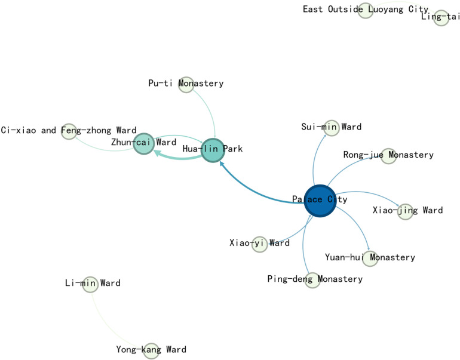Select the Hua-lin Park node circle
pos(211,149)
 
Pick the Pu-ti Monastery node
pos(186,84)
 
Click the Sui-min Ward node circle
pos(331,127)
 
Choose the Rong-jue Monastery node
pos(388,156)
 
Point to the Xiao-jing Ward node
pos(405,211)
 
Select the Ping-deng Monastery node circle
pos(312,279)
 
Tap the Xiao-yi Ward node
pos(259,244)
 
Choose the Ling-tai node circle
pos(441,17)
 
